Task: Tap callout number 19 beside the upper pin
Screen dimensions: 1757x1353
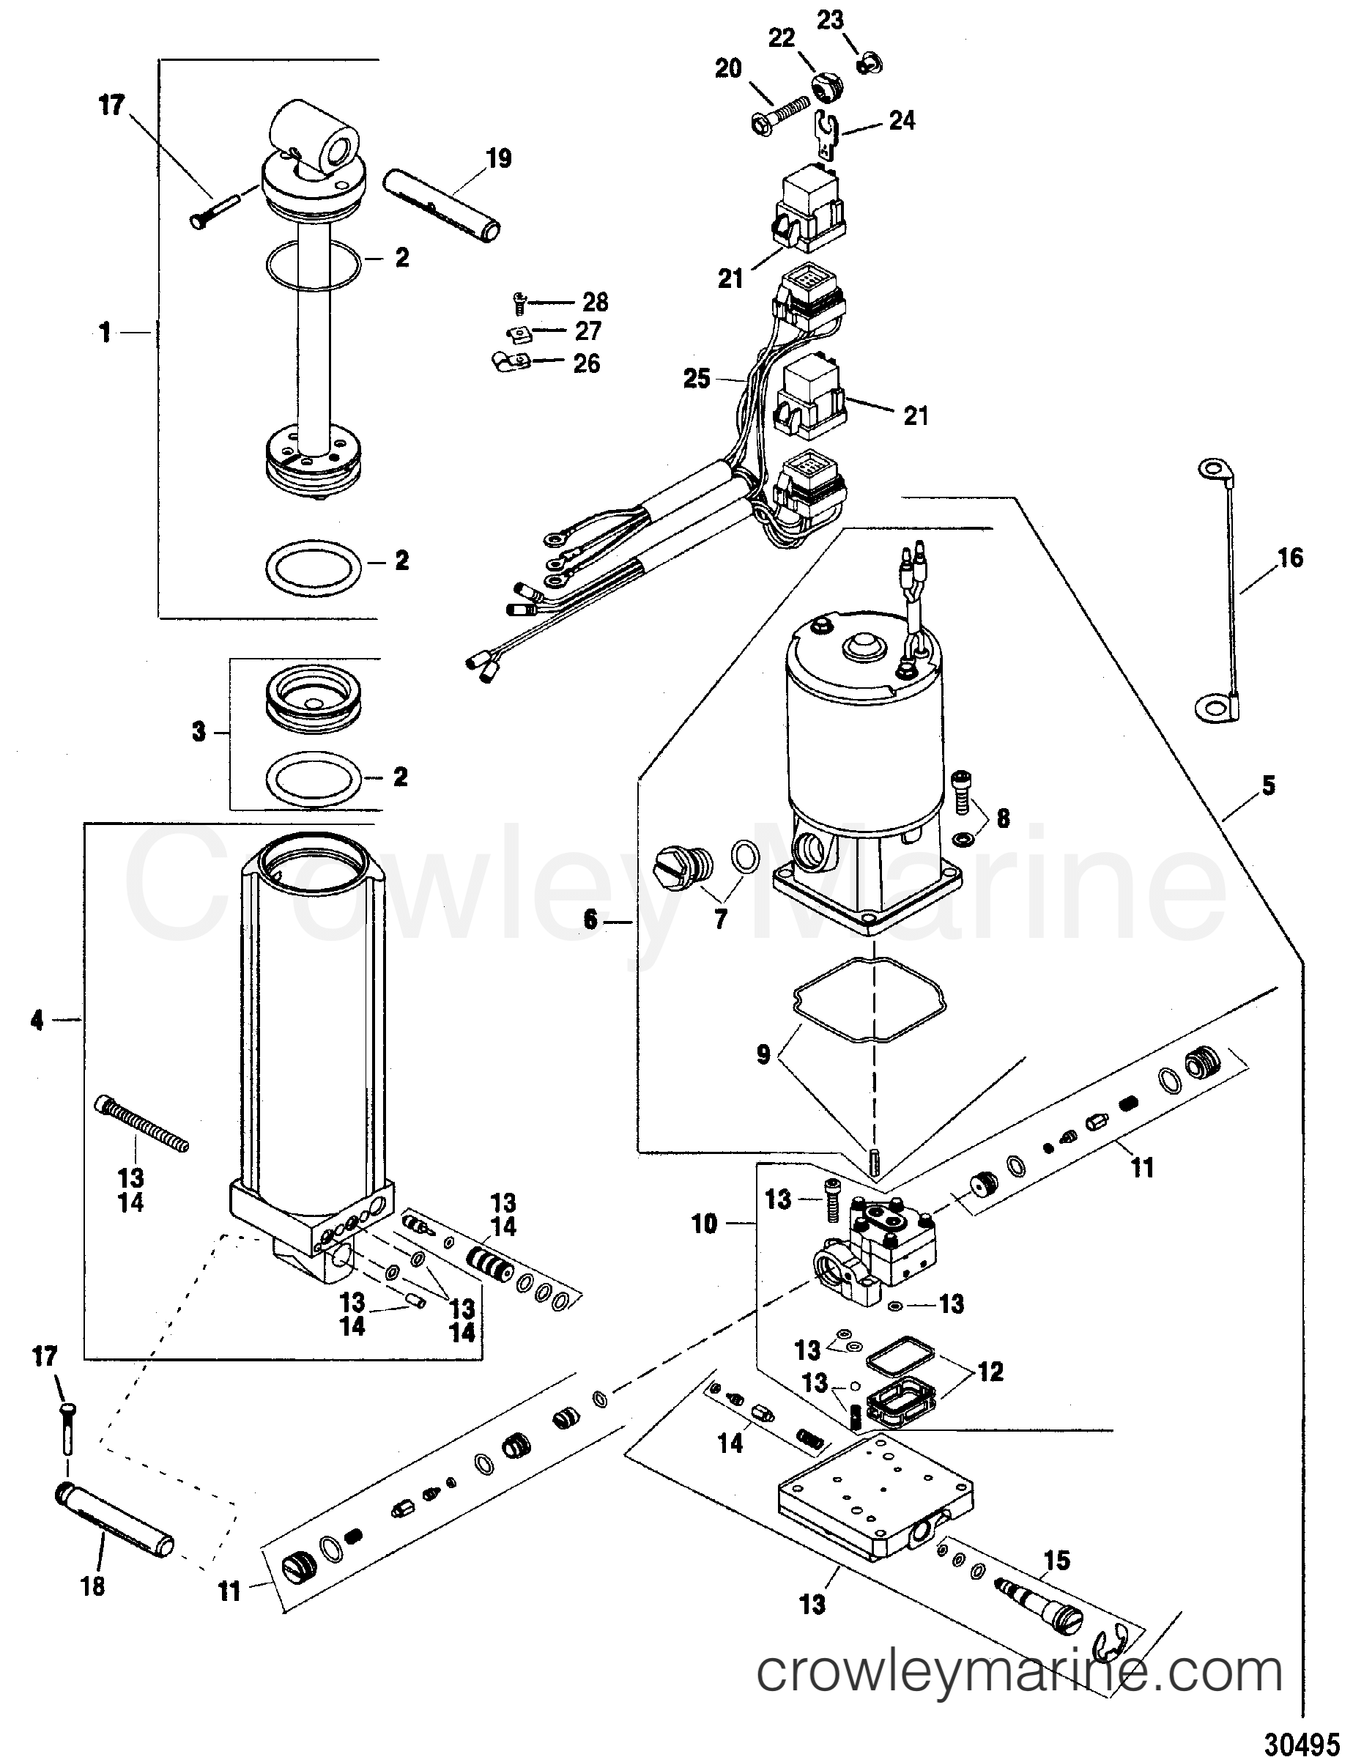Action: pos(499,158)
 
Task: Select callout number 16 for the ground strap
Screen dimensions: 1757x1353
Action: pos(1290,558)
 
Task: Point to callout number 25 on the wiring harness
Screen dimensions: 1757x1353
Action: pos(697,378)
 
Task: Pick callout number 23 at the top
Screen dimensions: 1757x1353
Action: pos(830,19)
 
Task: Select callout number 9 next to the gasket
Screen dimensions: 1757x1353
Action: pos(763,1054)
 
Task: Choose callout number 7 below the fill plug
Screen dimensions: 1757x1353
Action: pos(720,919)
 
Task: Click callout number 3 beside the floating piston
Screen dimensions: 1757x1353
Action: pos(199,732)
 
